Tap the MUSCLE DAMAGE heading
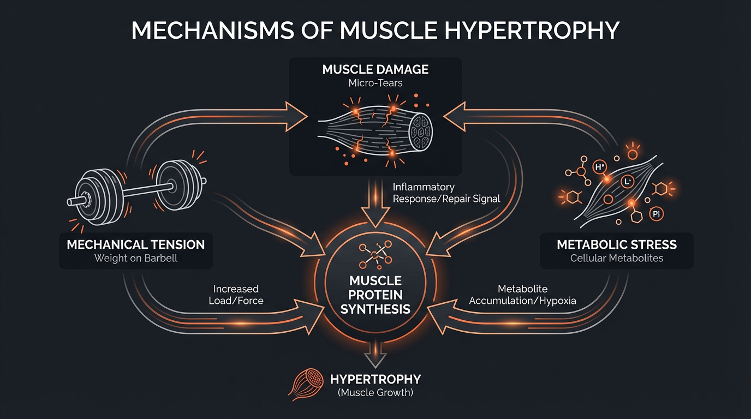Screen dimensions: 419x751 point(375,70)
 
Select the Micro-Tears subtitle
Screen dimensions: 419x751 point(375,83)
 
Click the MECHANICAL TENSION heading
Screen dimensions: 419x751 point(135,244)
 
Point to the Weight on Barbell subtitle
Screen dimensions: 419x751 point(135,258)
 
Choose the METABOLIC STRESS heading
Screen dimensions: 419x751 point(617,244)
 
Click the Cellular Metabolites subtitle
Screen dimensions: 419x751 point(617,258)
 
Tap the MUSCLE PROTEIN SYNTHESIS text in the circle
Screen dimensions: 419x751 point(375,295)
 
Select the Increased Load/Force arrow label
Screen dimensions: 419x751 point(236,295)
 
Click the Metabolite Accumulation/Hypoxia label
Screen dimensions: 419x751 point(522,295)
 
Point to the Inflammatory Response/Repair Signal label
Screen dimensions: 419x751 point(446,193)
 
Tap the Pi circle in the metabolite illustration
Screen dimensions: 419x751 point(657,214)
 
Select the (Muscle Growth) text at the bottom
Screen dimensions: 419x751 point(375,392)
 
